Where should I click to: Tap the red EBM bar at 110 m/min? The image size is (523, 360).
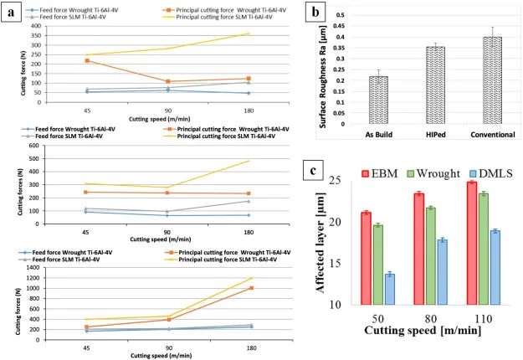click(471, 244)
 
